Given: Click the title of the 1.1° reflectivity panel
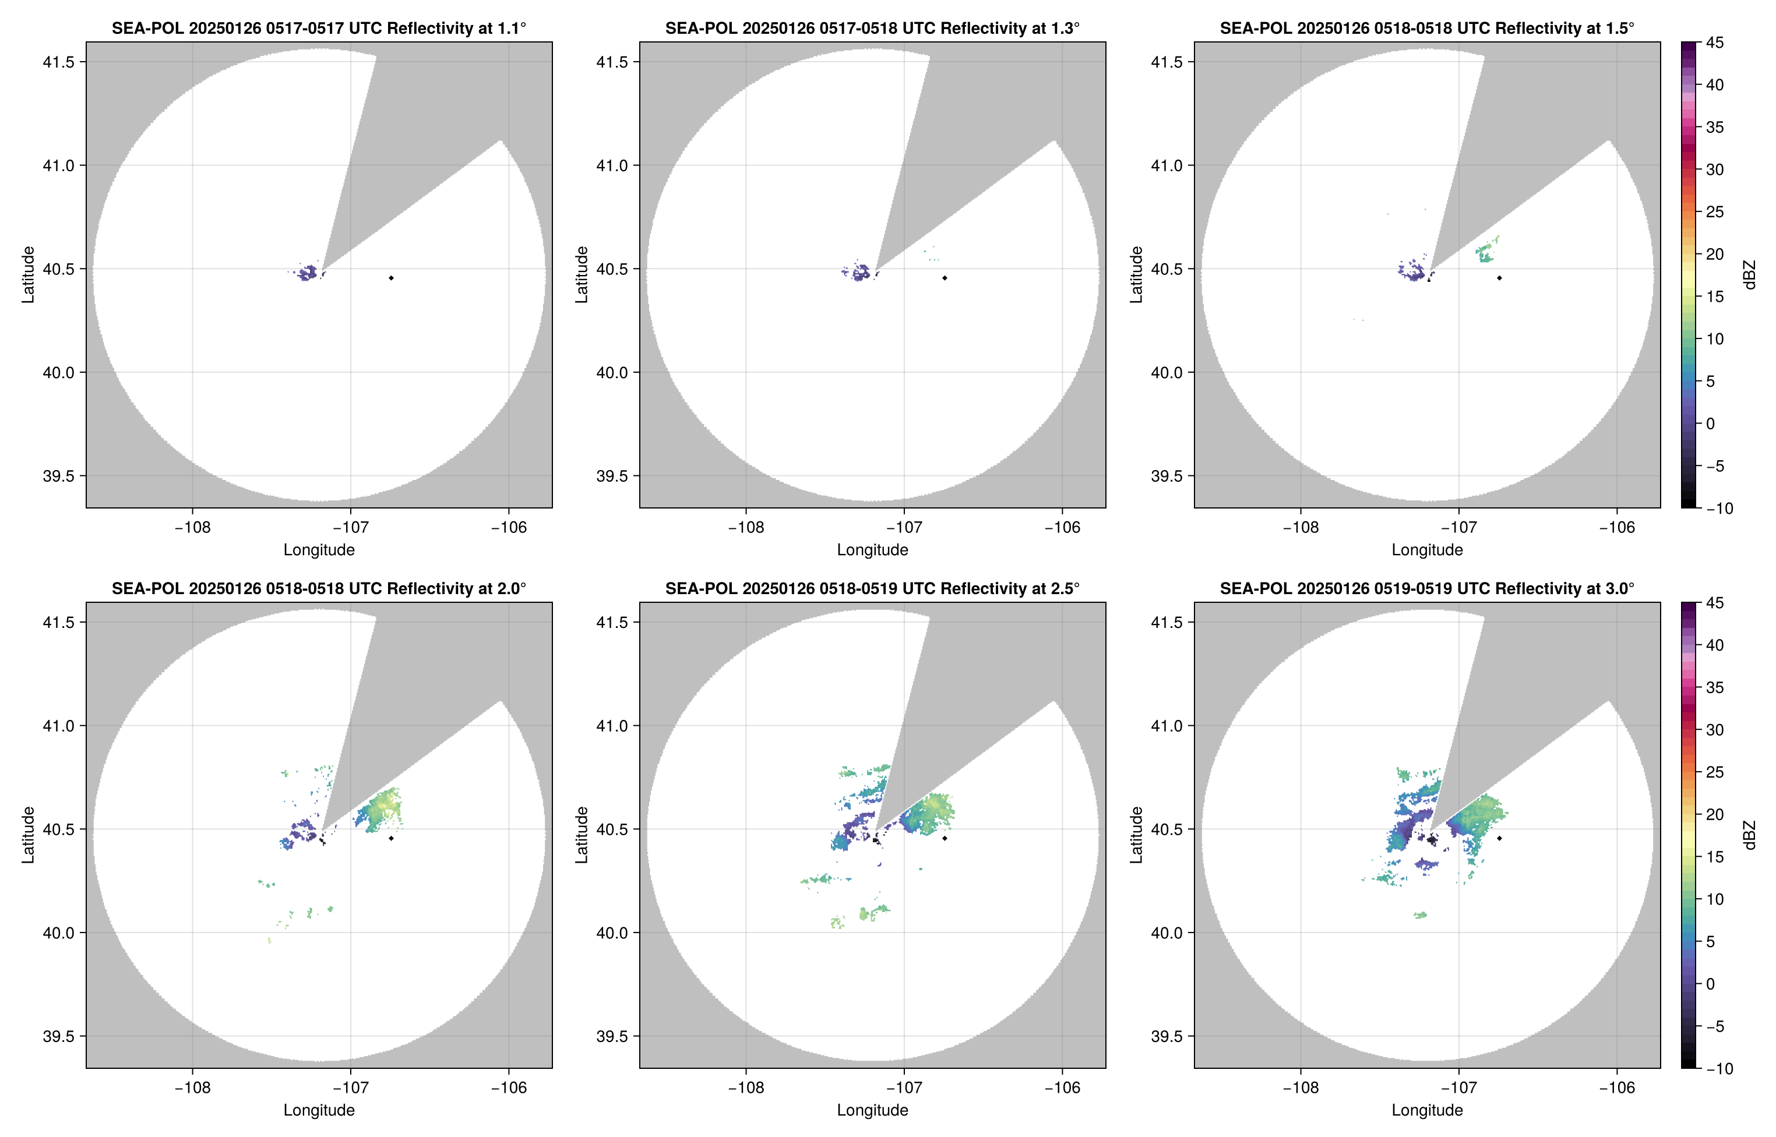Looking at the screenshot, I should point(319,29).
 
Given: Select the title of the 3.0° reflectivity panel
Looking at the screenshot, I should point(1427,589).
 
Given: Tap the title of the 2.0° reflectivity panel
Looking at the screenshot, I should point(319,589).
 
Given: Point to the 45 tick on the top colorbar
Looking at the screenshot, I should point(1715,43).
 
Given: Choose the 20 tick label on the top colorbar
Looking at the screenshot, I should point(1715,254).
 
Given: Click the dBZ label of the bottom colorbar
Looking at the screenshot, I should point(1749,835).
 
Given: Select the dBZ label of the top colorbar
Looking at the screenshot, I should point(1749,275).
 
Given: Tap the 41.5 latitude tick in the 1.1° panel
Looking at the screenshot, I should point(59,62).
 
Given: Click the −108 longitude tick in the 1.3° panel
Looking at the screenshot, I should point(746,527).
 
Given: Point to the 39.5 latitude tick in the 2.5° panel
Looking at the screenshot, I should point(612,1036).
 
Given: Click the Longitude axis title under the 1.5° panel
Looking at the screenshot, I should point(1427,550).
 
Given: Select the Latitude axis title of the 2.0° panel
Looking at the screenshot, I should point(28,835).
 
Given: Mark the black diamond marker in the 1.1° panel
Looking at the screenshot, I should point(390,278).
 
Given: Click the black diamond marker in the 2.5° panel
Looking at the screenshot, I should point(945,839).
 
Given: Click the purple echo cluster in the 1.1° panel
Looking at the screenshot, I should point(307,273).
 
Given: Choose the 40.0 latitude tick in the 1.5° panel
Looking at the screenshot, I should point(1167,373).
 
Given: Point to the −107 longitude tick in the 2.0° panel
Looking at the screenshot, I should point(350,1087).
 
